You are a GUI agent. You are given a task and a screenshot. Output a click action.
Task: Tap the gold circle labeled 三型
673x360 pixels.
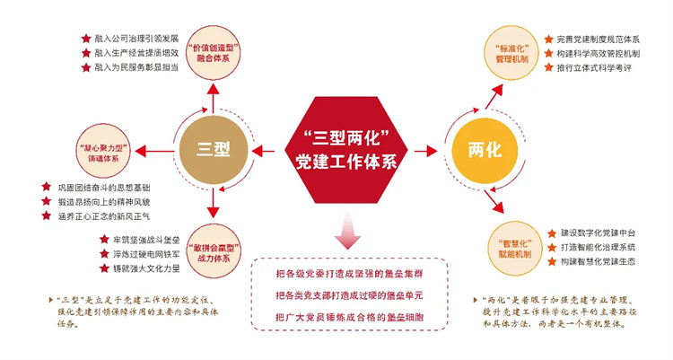(209, 147)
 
